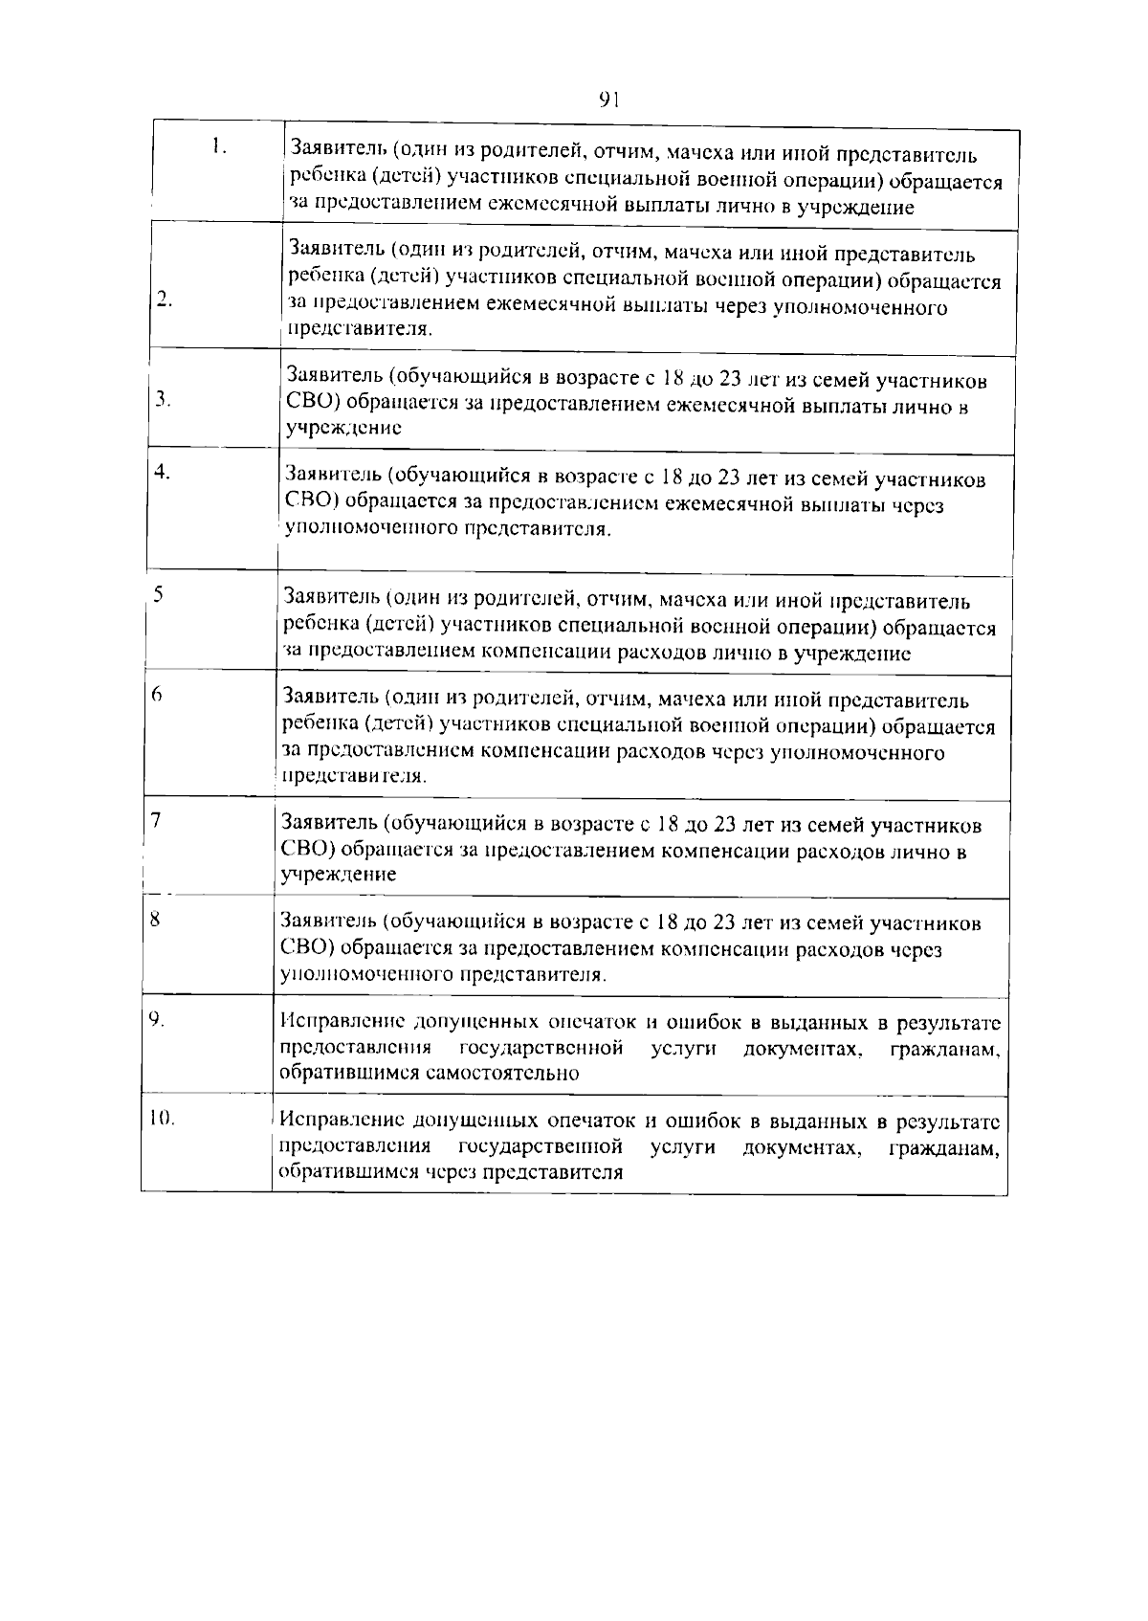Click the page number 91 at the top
point(610,99)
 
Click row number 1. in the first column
point(220,147)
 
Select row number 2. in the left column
point(165,300)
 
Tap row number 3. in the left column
point(164,400)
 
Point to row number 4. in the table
point(163,472)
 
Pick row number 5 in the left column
point(158,594)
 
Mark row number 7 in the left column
point(155,820)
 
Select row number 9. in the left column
point(157,1020)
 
